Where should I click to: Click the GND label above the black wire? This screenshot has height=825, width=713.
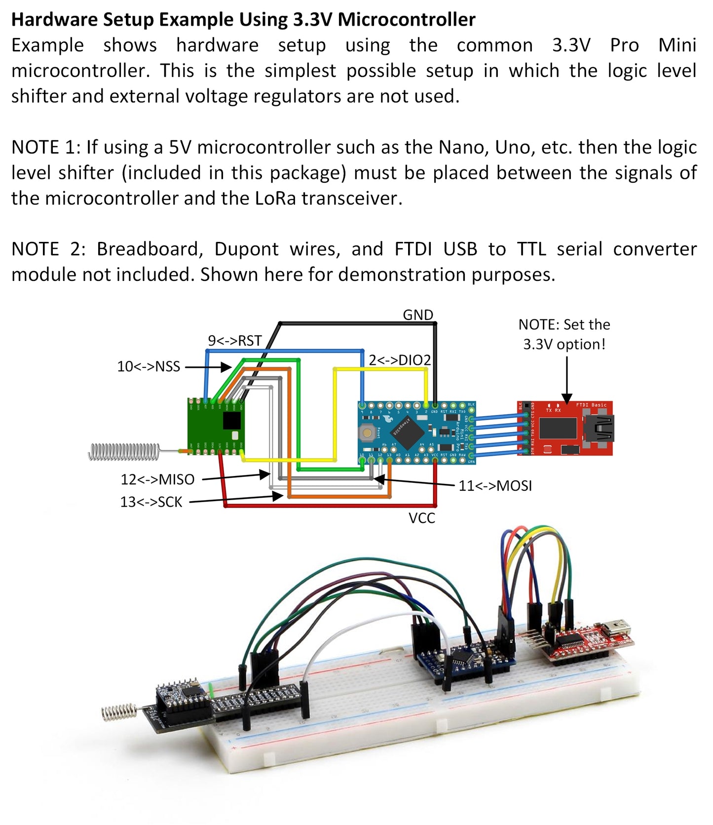click(417, 315)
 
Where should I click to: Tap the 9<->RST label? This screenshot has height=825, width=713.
click(234, 341)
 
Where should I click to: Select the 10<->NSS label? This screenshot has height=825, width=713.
click(149, 366)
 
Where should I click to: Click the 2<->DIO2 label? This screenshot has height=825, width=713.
click(400, 360)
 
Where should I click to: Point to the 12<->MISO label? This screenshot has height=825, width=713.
click(157, 479)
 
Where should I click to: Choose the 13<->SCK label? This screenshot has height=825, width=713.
click(151, 502)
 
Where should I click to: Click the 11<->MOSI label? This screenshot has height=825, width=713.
click(495, 486)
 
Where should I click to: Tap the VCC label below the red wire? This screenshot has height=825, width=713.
click(421, 518)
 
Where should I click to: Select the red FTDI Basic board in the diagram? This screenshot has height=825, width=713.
click(565, 428)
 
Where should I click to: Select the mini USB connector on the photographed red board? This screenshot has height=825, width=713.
click(618, 629)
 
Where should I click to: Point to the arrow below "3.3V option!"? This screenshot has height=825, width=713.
click(567, 380)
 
